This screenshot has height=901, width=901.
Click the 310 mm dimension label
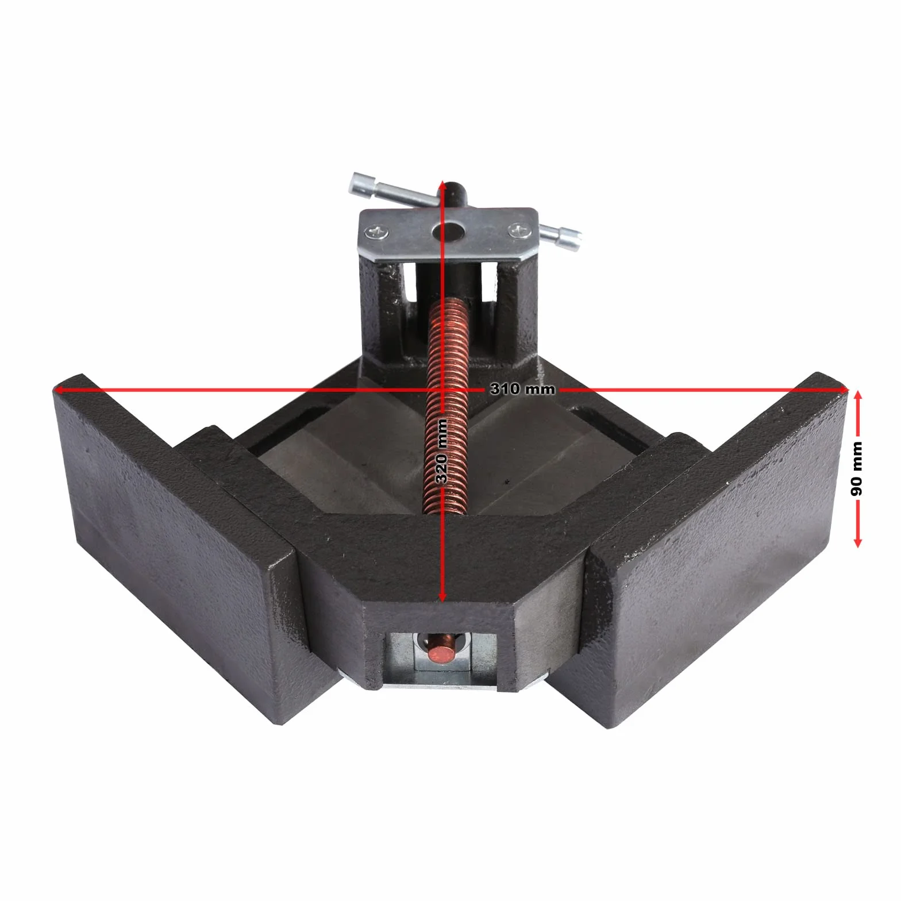522,389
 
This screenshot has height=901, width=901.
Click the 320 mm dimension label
442,452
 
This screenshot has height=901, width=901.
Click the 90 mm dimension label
857,468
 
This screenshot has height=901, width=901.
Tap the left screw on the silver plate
379,232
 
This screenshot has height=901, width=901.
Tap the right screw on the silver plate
519,231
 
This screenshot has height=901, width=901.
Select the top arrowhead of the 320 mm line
441,187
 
